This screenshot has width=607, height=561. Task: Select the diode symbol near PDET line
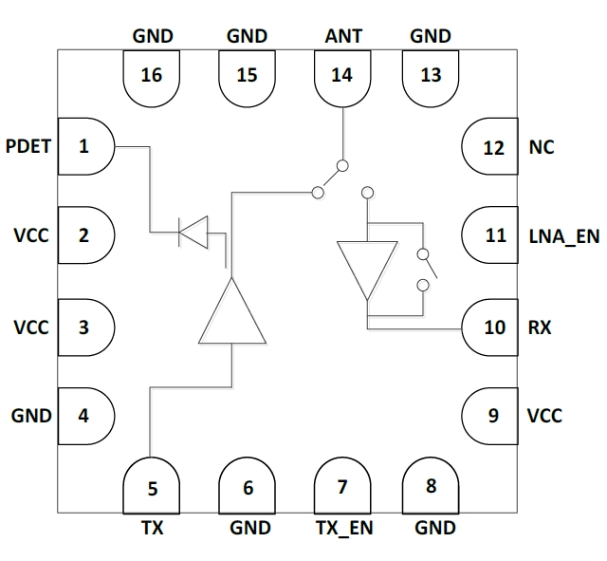point(193,231)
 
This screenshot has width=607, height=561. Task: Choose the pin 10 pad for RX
point(490,328)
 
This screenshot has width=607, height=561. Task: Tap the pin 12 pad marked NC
point(490,148)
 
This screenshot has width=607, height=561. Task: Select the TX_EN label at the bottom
point(342,528)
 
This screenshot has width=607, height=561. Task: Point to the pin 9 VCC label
point(544,416)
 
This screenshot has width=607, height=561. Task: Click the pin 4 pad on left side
point(85,415)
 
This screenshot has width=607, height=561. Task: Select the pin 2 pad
point(85,235)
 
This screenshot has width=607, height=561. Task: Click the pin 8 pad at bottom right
point(432,486)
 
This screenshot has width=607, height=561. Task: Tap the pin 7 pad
point(342,486)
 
